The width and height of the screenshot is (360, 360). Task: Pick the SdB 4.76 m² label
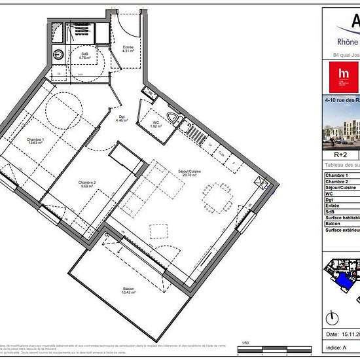click(x=85, y=56)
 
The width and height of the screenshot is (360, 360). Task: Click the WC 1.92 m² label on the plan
click(x=155, y=124)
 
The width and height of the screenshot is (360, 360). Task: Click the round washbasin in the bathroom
click(x=59, y=55)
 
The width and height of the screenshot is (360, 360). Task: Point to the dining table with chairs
click(x=217, y=194)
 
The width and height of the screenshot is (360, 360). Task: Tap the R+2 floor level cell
click(x=340, y=155)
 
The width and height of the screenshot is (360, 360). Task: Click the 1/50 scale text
click(x=245, y=342)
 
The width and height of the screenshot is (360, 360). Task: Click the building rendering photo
click(x=342, y=124)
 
